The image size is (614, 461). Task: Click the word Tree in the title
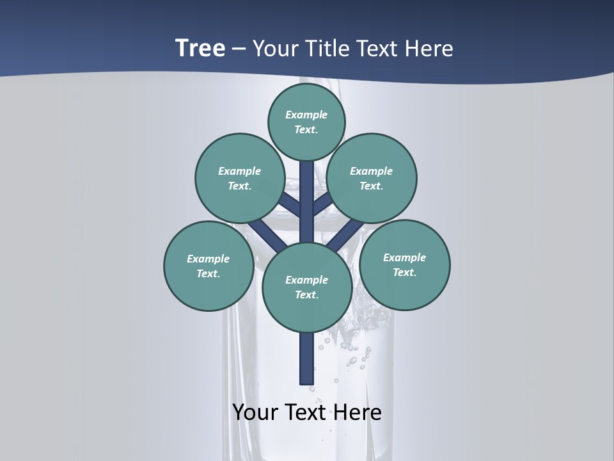click(x=200, y=48)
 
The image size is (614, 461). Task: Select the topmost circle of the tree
click(x=306, y=122)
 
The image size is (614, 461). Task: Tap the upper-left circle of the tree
click(x=239, y=178)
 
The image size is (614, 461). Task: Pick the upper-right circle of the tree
click(x=371, y=178)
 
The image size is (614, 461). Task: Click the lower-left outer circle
click(x=208, y=266)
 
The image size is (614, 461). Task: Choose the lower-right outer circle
click(x=404, y=264)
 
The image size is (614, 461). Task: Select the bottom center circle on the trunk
click(x=306, y=287)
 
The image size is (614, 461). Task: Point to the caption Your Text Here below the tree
click(x=306, y=412)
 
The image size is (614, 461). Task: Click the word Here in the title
click(x=430, y=48)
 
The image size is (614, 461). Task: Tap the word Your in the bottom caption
click(x=255, y=412)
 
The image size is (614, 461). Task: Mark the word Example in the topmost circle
click(x=306, y=115)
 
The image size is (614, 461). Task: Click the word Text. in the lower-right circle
click(x=404, y=272)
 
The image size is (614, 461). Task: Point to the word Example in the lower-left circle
click(x=208, y=259)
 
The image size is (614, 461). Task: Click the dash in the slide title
click(x=239, y=49)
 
